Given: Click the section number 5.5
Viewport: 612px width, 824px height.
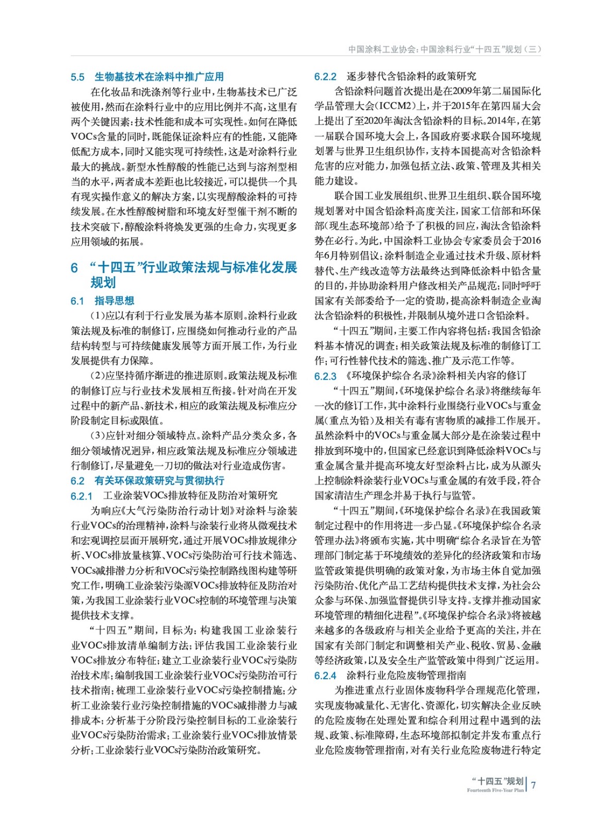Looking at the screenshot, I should [77, 77].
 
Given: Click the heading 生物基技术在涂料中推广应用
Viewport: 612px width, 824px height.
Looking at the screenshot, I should [159, 77].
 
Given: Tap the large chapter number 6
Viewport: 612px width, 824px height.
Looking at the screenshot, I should [74, 268].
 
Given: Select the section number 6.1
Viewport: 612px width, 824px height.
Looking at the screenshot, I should [77, 301].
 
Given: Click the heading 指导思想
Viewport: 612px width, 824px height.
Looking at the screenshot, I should [114, 301].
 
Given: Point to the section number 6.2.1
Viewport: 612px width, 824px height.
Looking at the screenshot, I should [81, 496].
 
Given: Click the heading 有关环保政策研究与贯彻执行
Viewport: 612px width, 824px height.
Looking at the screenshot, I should [159, 480].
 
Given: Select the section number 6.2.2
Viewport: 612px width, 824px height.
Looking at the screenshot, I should [325, 77].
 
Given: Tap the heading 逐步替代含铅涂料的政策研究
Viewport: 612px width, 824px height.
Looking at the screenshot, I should [411, 77].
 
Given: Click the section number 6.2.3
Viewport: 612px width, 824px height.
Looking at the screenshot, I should [325, 376].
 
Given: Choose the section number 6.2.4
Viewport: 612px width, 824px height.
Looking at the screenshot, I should [325, 676].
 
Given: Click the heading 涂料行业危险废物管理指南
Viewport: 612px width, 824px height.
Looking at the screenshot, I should [406, 675].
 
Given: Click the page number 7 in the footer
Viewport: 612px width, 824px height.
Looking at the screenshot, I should [534, 785].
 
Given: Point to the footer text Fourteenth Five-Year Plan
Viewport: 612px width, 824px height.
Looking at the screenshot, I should [495, 790].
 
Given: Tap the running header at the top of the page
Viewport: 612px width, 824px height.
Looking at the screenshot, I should [444, 49].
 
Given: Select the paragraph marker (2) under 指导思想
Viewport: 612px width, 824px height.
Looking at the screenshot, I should [98, 376].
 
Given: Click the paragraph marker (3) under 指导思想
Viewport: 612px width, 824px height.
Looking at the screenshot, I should [98, 436].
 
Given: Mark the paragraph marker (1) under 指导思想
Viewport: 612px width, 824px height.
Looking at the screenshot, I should [98, 316].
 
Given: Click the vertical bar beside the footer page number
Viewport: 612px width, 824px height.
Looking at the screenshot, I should [526, 784].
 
